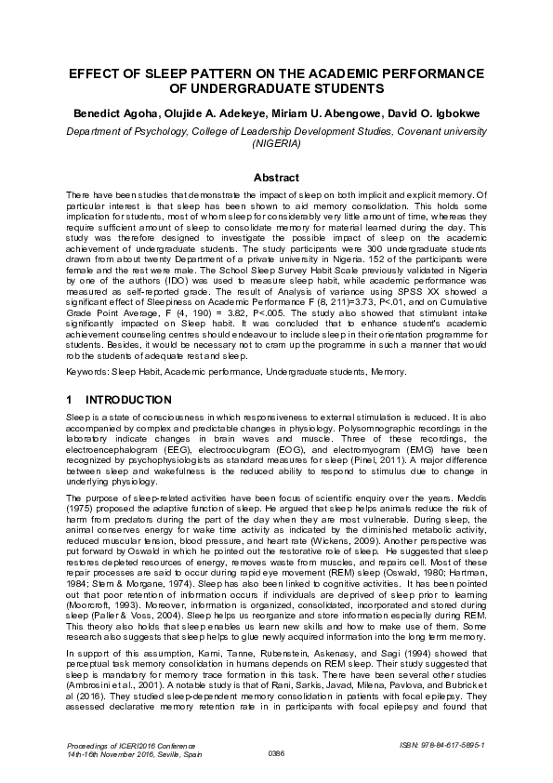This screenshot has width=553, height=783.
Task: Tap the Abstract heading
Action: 276,178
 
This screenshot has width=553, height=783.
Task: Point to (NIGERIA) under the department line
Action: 276,145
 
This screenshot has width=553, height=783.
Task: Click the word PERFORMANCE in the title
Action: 424,73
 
